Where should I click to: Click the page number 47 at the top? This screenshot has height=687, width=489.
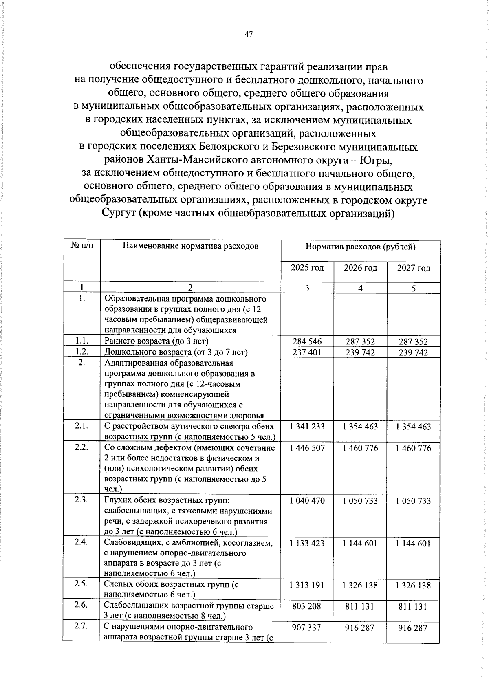tap(249, 35)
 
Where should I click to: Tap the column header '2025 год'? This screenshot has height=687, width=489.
tap(307, 268)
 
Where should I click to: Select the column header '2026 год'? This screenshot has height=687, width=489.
tap(360, 268)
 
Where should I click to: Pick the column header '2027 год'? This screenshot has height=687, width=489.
tap(413, 268)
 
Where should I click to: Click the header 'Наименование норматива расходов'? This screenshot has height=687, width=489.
tap(191, 246)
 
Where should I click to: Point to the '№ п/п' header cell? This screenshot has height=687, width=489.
tap(82, 246)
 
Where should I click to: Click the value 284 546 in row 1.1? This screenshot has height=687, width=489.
tap(307, 341)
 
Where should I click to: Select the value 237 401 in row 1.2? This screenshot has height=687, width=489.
tap(307, 352)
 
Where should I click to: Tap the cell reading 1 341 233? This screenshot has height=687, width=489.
tap(307, 427)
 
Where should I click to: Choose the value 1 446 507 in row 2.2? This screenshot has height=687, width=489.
tap(307, 448)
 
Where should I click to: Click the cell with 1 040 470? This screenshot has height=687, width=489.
tap(307, 501)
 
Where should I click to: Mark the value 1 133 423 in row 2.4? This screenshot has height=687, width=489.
tap(307, 543)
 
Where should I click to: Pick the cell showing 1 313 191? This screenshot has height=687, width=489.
tap(307, 585)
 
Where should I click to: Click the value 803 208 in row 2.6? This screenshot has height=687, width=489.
tap(307, 606)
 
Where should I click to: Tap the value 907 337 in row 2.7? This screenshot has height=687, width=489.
tap(307, 628)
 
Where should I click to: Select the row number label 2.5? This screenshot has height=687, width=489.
tap(81, 584)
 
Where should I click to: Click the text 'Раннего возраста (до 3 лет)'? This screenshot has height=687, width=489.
tap(156, 341)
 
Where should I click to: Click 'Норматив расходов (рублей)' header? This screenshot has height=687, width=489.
tap(360, 247)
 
